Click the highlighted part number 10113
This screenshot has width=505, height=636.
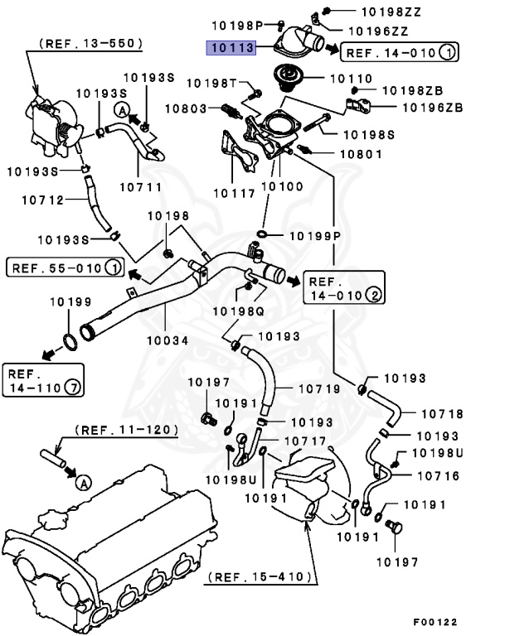click(230, 47)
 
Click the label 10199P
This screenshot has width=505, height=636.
click(314, 236)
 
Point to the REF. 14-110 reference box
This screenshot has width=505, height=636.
click(42, 378)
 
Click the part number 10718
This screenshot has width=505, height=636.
click(441, 413)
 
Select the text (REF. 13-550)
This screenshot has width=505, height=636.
click(90, 41)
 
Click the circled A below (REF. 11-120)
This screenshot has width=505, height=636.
click(81, 480)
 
